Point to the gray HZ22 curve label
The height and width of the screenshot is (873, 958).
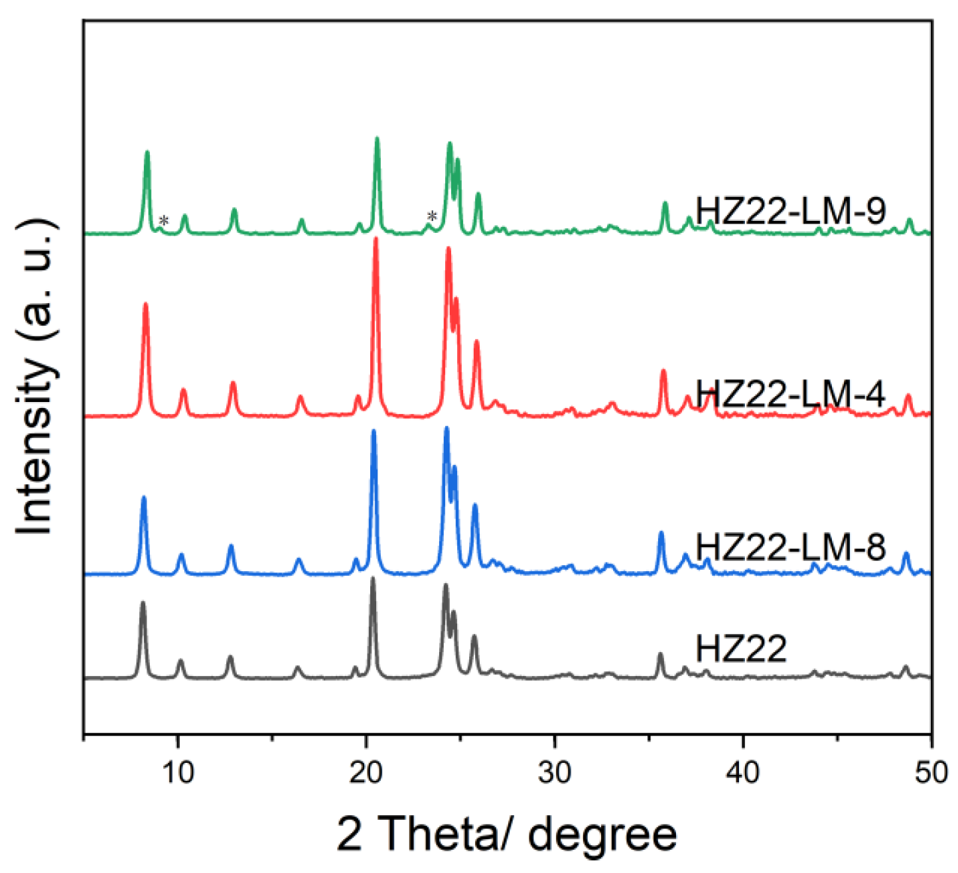click(741, 648)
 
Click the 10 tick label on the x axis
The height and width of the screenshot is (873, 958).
click(178, 772)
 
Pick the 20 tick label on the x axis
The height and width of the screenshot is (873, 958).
click(366, 772)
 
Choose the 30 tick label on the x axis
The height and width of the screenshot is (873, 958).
click(555, 772)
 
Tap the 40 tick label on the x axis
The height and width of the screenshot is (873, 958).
click(743, 772)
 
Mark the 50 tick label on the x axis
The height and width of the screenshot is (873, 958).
click(931, 772)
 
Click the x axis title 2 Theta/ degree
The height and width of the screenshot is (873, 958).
click(507, 833)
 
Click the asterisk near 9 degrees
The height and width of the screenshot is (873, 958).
click(164, 221)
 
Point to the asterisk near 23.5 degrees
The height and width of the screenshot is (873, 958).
click(432, 216)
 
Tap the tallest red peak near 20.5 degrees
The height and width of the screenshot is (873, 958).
click(376, 240)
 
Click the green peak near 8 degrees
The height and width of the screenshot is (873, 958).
click(147, 154)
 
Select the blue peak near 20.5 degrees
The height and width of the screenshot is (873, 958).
click(374, 433)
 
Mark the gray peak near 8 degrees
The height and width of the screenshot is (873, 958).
click(143, 604)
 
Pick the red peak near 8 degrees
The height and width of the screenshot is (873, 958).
click(145, 306)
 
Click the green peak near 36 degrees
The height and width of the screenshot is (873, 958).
click(665, 205)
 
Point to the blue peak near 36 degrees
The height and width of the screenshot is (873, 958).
click(661, 534)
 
